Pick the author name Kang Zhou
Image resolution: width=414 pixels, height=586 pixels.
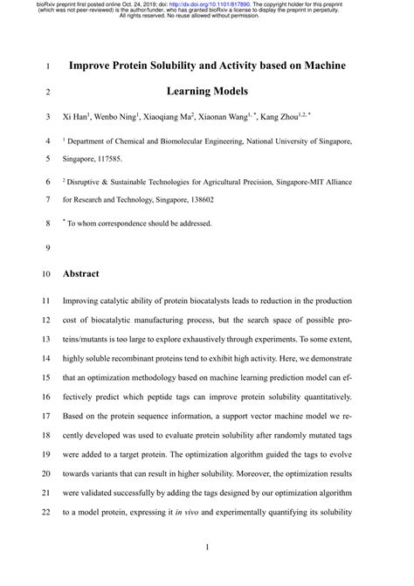(x=284, y=116)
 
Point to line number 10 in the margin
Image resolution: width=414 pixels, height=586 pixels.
(x=46, y=274)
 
